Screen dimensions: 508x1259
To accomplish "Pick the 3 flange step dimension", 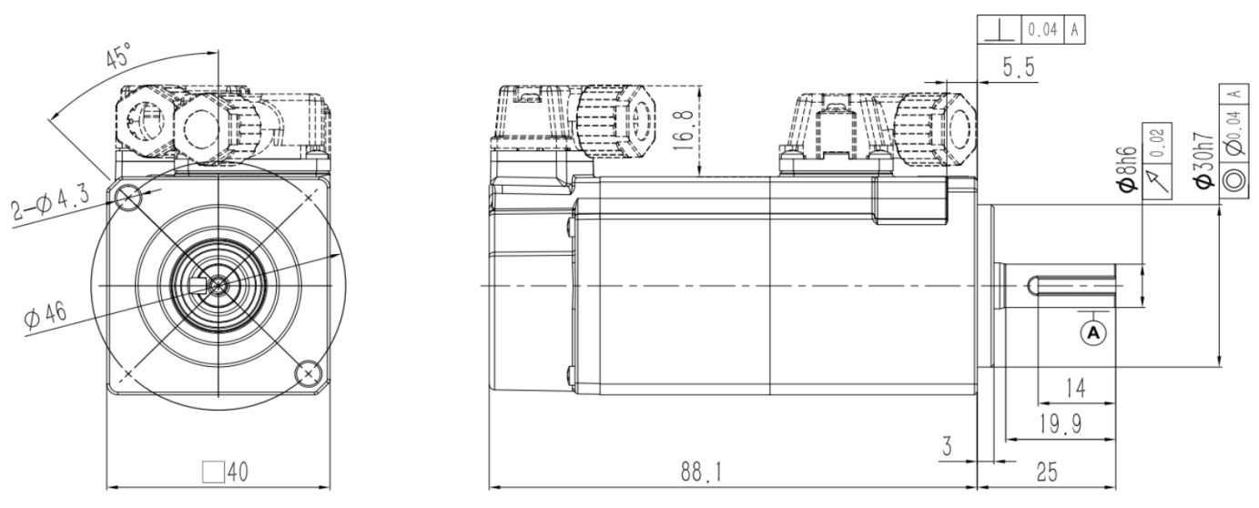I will [946, 446].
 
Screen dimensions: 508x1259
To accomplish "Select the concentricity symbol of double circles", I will [1234, 178].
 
